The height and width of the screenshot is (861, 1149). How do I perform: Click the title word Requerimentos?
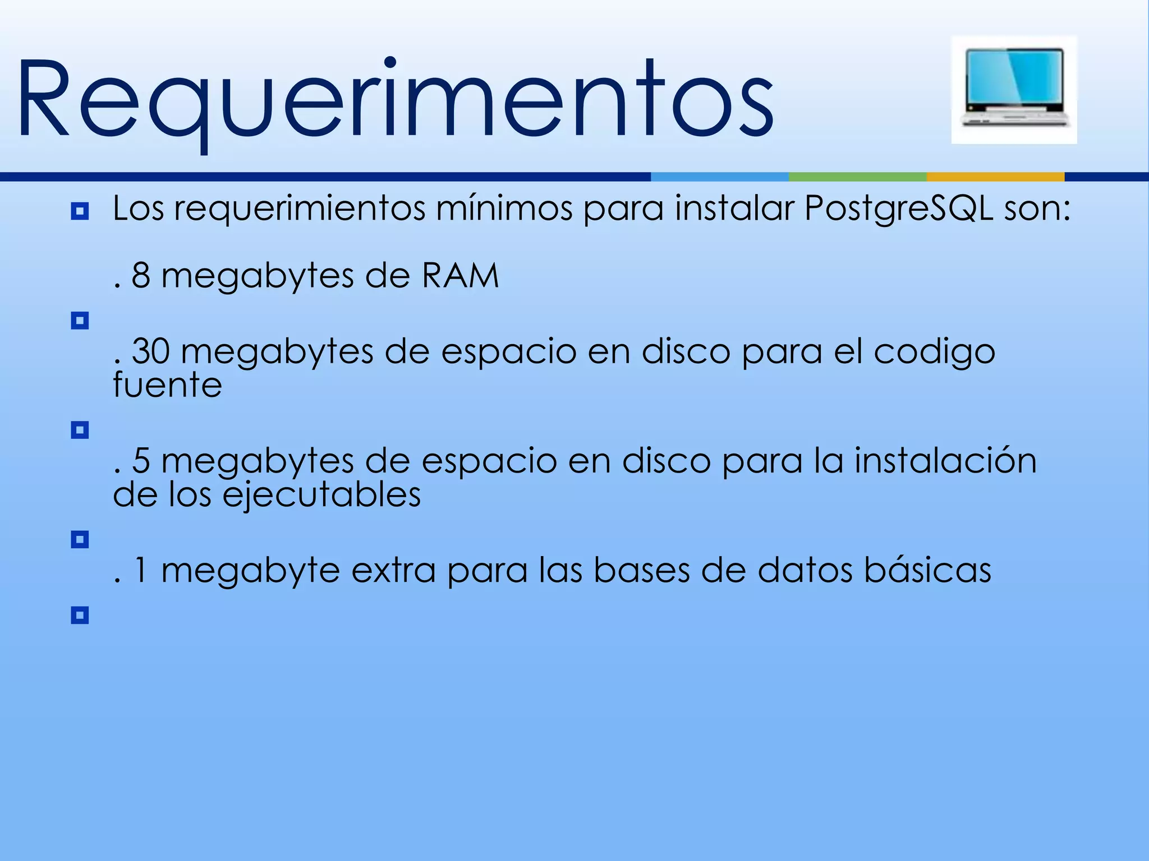[396, 100]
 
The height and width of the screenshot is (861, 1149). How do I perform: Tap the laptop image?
[1014, 90]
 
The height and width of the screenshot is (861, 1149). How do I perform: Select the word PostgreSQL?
[898, 209]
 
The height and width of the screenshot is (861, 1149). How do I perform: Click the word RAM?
[460, 276]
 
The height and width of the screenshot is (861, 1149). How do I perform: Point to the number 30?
[150, 351]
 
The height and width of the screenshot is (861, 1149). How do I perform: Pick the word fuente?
[167, 385]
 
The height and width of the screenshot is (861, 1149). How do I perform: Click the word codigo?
[934, 353]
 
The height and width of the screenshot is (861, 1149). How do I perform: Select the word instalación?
[945, 461]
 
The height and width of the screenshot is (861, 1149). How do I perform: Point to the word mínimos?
[504, 209]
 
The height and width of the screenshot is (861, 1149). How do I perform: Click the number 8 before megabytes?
[141, 276]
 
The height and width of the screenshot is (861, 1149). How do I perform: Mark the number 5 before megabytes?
[141, 461]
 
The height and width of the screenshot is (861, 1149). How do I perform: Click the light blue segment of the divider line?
[719, 177]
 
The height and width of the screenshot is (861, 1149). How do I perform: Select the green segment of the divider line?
[857, 177]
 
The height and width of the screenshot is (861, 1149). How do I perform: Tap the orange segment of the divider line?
[995, 177]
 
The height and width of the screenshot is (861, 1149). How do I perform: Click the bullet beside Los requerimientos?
[80, 211]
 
